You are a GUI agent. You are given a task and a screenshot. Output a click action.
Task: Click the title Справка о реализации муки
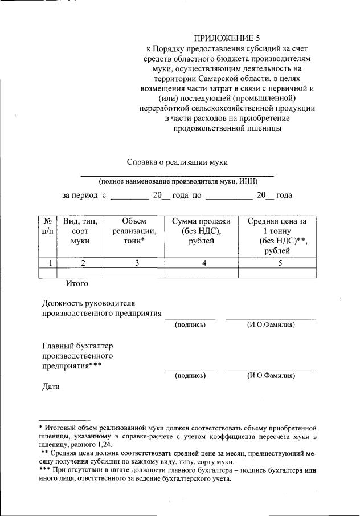pos(177,162)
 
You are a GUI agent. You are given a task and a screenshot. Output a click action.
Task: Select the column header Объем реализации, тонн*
pos(134,231)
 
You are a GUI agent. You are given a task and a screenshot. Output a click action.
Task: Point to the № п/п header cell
pos(48,226)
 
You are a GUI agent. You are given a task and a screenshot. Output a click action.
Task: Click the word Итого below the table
pos(76,282)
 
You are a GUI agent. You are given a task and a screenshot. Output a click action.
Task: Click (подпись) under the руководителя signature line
pos(190,324)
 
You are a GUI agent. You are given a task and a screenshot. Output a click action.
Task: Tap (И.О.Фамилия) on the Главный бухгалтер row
pos(271,376)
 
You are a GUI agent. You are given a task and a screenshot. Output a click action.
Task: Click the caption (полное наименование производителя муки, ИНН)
pos(178,181)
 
